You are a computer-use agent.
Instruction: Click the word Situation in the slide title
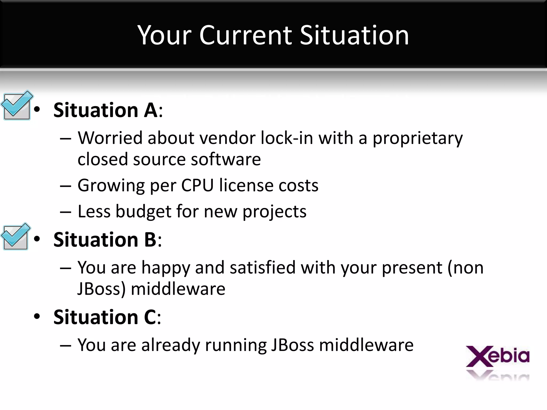click(354, 35)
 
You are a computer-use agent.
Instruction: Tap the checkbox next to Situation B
click(15, 237)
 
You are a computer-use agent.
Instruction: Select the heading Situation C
click(107, 317)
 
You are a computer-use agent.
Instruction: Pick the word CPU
click(197, 185)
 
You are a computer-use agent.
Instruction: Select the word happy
click(166, 268)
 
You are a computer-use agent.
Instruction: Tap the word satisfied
click(262, 267)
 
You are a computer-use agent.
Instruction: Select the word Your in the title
click(165, 35)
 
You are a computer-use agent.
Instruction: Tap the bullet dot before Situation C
click(37, 317)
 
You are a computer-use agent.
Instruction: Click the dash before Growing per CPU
click(65, 186)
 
